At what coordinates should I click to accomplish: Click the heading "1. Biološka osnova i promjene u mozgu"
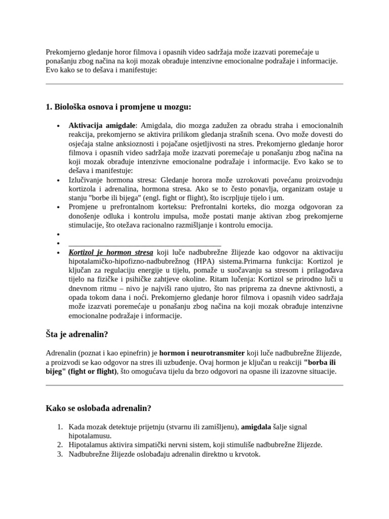pos(119,107)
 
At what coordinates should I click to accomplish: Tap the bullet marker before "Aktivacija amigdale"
pos(59,126)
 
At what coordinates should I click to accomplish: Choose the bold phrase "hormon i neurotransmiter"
pos(206,353)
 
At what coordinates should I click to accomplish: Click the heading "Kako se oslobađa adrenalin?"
pos(99,408)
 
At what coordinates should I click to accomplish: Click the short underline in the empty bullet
pos(144,244)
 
